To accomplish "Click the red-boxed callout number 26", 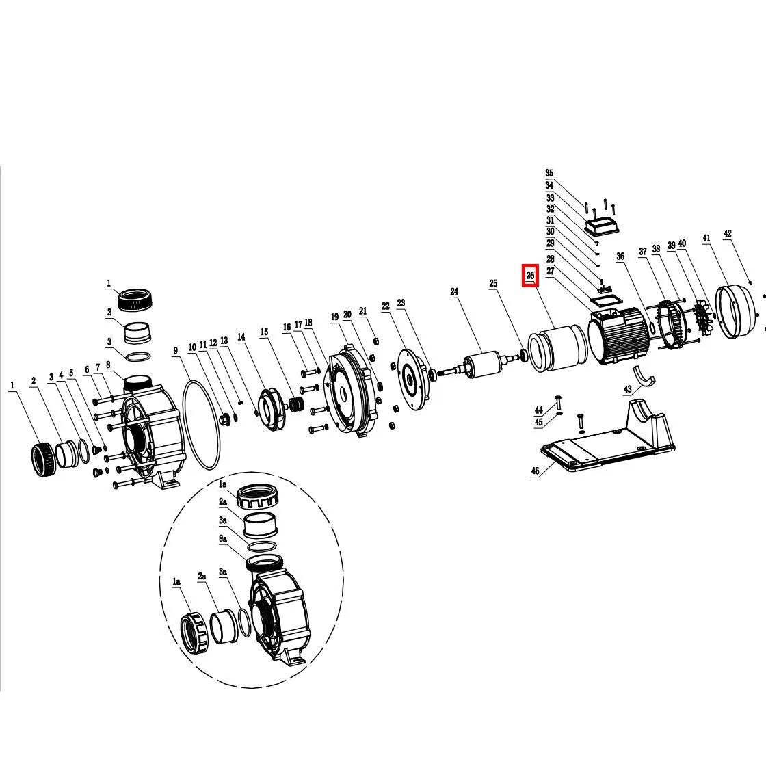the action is [531, 276].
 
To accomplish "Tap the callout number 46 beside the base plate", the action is [536, 471].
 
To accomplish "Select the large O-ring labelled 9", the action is [201, 425].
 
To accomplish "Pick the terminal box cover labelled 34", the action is [603, 226].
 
